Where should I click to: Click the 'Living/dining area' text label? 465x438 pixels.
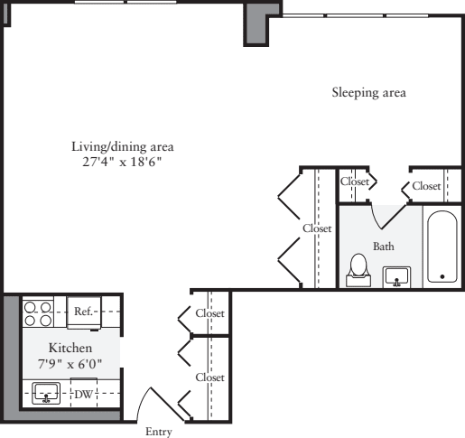123,146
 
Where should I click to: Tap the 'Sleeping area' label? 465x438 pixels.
368,92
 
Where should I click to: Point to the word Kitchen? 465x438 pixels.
70,348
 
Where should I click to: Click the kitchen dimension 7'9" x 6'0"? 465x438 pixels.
70,363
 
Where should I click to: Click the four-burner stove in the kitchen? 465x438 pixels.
38,312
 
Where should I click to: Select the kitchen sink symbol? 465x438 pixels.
45,393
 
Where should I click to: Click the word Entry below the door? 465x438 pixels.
158,432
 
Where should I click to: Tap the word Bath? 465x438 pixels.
383,246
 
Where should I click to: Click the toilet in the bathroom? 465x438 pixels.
358,267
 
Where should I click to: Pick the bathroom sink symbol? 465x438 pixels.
396,275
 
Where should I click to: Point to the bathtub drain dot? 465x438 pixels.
442,275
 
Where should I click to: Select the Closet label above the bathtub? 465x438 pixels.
425,185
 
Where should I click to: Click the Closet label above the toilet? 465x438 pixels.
354,182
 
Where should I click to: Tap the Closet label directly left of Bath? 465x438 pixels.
317,228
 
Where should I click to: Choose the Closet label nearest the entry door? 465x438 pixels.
209,377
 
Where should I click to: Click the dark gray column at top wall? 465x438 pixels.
256,22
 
